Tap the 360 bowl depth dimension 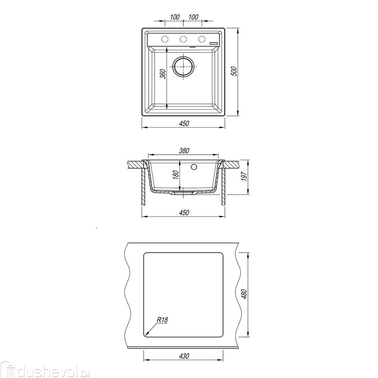(163, 74)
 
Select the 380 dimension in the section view (184, 151)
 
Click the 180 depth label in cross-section (176, 175)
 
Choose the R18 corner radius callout (163, 320)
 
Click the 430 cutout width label (184, 356)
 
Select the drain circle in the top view (184, 66)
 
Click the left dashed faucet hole (165, 39)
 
